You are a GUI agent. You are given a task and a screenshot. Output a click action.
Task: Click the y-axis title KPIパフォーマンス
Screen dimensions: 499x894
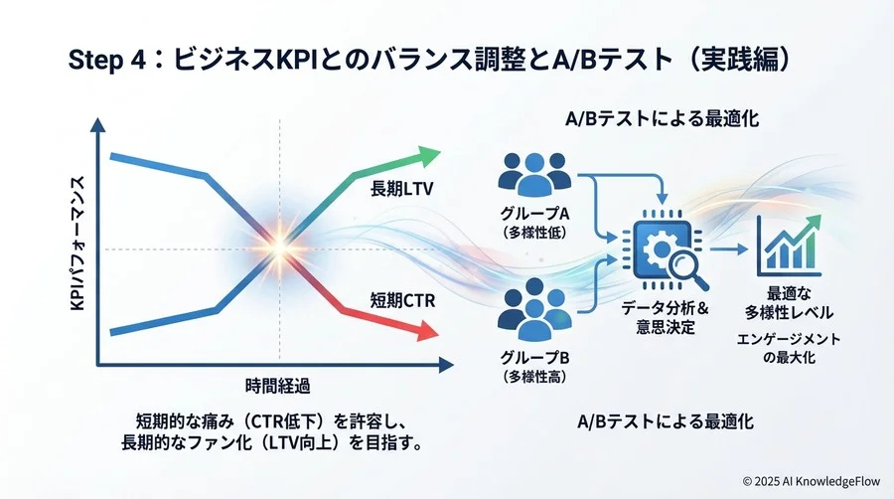point(77,244)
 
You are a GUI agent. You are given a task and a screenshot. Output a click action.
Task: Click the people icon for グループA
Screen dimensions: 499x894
point(536,175)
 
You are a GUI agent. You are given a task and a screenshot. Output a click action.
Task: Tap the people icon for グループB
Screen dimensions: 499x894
point(536,312)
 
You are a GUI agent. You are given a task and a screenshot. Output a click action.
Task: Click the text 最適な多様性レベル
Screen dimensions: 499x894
point(787,303)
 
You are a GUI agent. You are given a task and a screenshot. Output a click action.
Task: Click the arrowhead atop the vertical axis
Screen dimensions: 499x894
point(97,126)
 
